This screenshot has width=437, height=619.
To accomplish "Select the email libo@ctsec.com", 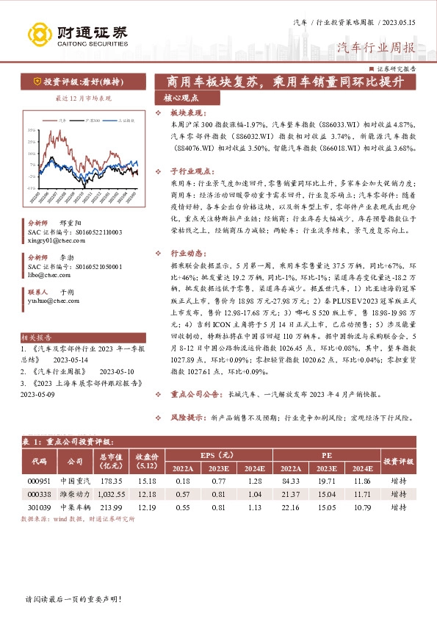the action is (x=45, y=274).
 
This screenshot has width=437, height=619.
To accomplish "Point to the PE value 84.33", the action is (x=290, y=481).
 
